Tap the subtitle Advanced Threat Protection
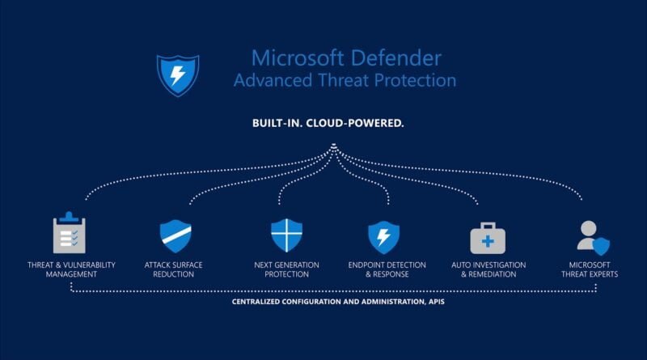pos(345,81)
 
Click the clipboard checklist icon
pos(69,235)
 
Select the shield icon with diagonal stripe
pos(175,235)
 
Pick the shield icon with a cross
pos(286,235)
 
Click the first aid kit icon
pos(488,238)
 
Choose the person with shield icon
pos(592,236)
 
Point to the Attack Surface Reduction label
pos(173,269)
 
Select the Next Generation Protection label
pos(286,269)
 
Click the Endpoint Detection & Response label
pos(383,269)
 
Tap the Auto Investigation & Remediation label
pos(488,269)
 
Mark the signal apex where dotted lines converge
pos(333,147)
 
